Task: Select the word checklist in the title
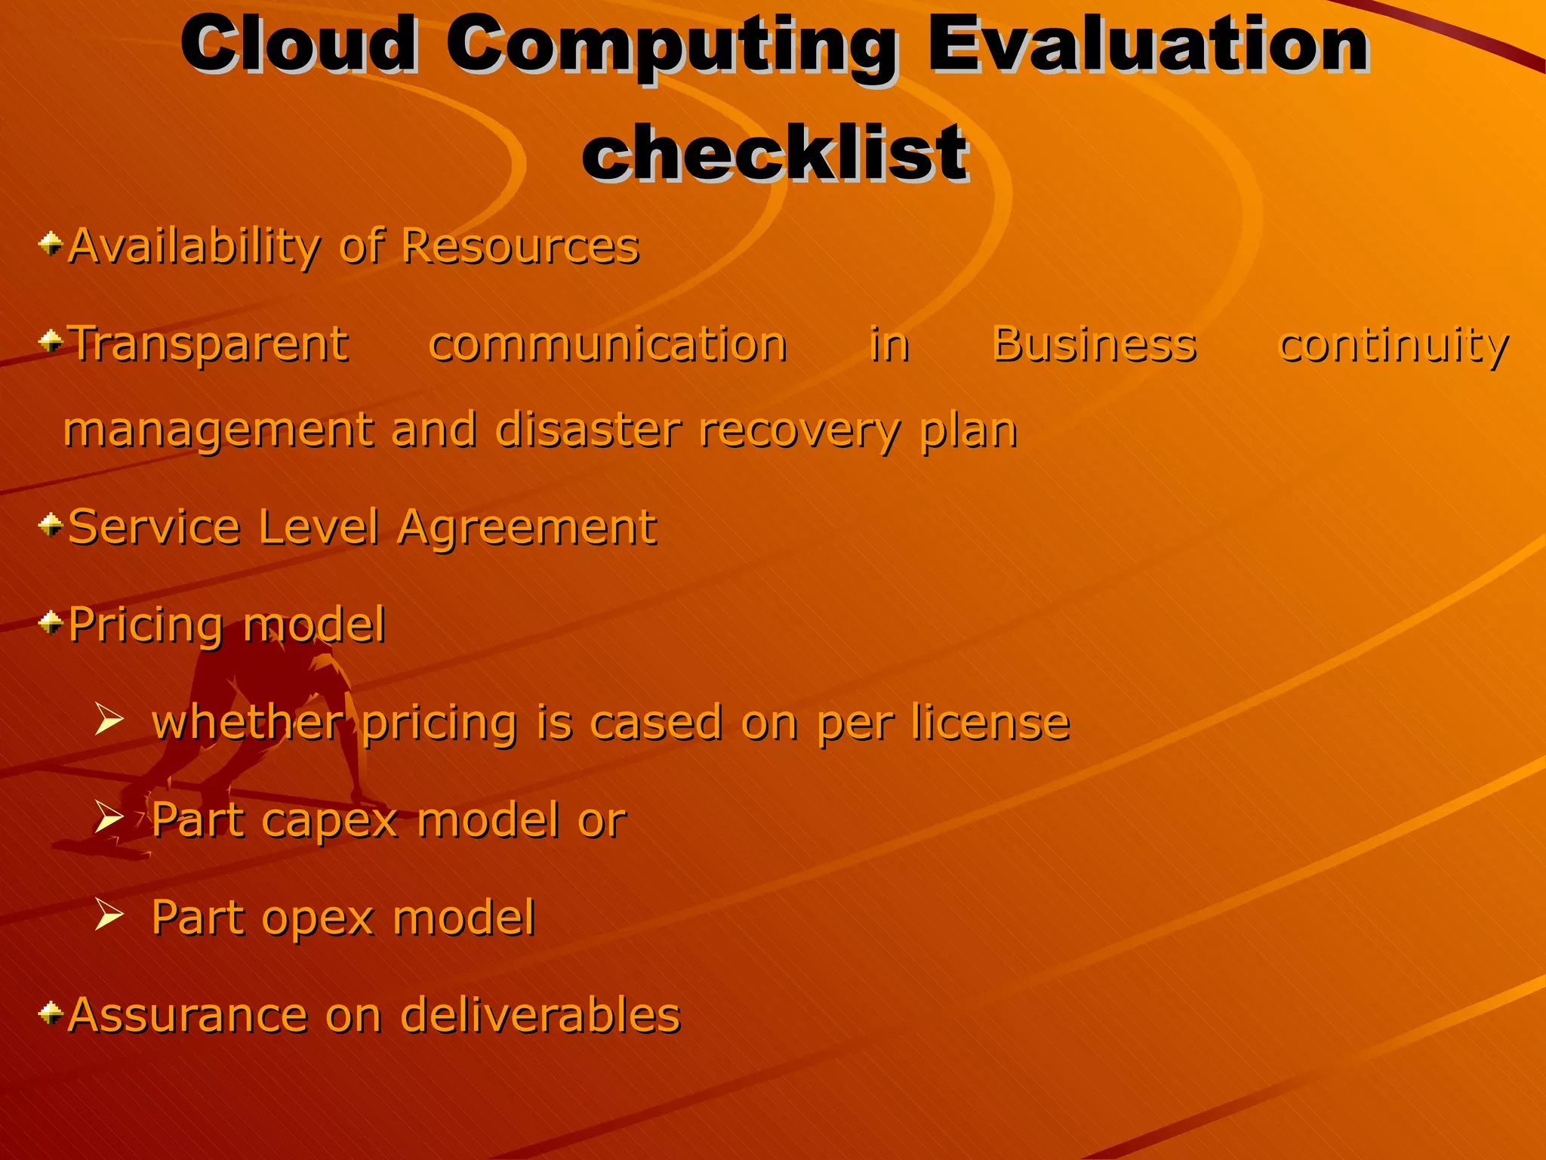(775, 154)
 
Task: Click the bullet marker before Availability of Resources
(51, 244)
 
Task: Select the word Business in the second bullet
(1094, 344)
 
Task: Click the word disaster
(589, 430)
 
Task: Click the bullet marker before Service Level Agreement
(51, 526)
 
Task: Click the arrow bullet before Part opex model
(109, 915)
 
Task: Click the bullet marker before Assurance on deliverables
(51, 1013)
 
